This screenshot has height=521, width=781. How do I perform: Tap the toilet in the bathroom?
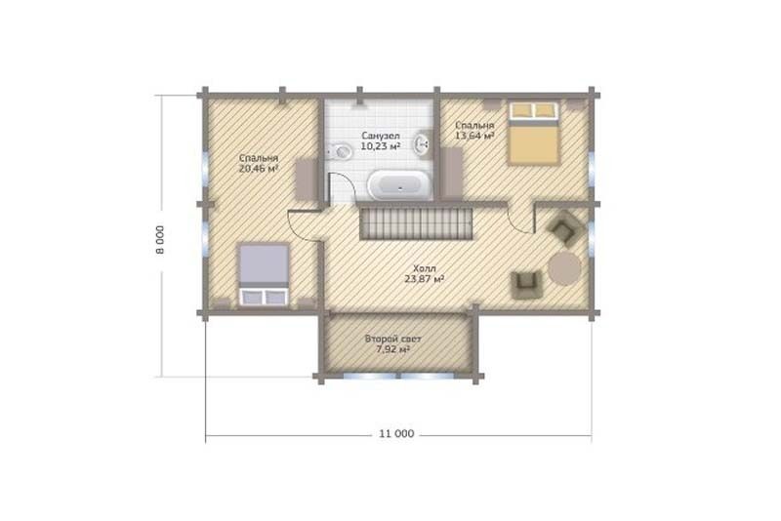340,150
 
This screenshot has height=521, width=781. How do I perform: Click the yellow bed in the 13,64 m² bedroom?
532,133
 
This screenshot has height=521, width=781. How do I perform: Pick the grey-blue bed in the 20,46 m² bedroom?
264,274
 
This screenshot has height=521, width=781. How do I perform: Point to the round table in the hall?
564,268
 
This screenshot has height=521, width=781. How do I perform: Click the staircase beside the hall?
416,223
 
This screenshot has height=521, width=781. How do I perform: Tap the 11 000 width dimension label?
396,434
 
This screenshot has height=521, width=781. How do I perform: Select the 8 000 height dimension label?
159,240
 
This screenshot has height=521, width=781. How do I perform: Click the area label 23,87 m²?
425,279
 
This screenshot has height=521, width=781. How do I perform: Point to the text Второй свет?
393,340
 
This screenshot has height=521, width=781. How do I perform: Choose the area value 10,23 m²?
381,146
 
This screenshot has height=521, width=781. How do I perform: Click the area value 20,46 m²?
258,168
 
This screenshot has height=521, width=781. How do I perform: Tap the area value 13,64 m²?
474,136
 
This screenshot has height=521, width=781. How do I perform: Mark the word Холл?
424,269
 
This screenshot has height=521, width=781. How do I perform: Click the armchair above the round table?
565,227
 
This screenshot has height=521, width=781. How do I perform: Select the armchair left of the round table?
526,285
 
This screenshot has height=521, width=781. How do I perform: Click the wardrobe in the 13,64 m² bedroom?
452,174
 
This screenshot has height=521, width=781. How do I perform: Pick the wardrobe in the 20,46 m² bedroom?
307,179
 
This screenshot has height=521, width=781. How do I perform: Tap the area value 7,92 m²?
393,349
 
